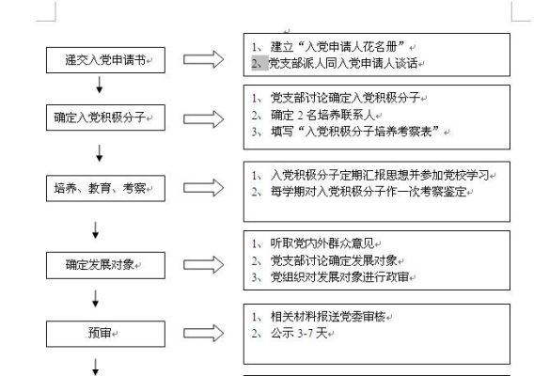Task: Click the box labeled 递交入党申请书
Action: click(105, 60)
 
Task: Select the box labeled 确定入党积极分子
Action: click(105, 117)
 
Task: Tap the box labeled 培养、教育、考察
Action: click(105, 188)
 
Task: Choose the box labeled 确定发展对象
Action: click(105, 265)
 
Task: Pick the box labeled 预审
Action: click(105, 334)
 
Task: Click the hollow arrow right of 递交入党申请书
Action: click(203, 59)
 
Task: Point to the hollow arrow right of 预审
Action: click(203, 333)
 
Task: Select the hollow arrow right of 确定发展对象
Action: click(203, 264)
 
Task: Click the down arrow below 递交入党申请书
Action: click(100, 85)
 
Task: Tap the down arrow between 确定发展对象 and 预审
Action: click(95, 299)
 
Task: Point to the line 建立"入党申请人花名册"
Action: click(337, 46)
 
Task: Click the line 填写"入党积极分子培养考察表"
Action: click(354, 132)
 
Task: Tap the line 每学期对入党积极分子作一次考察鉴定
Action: click(369, 192)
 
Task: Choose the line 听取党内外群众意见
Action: click(322, 243)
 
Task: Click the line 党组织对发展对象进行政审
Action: click(339, 277)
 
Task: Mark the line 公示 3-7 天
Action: click(299, 333)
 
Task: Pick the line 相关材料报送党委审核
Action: click(328, 317)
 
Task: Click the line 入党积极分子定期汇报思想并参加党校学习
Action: click(380, 175)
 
